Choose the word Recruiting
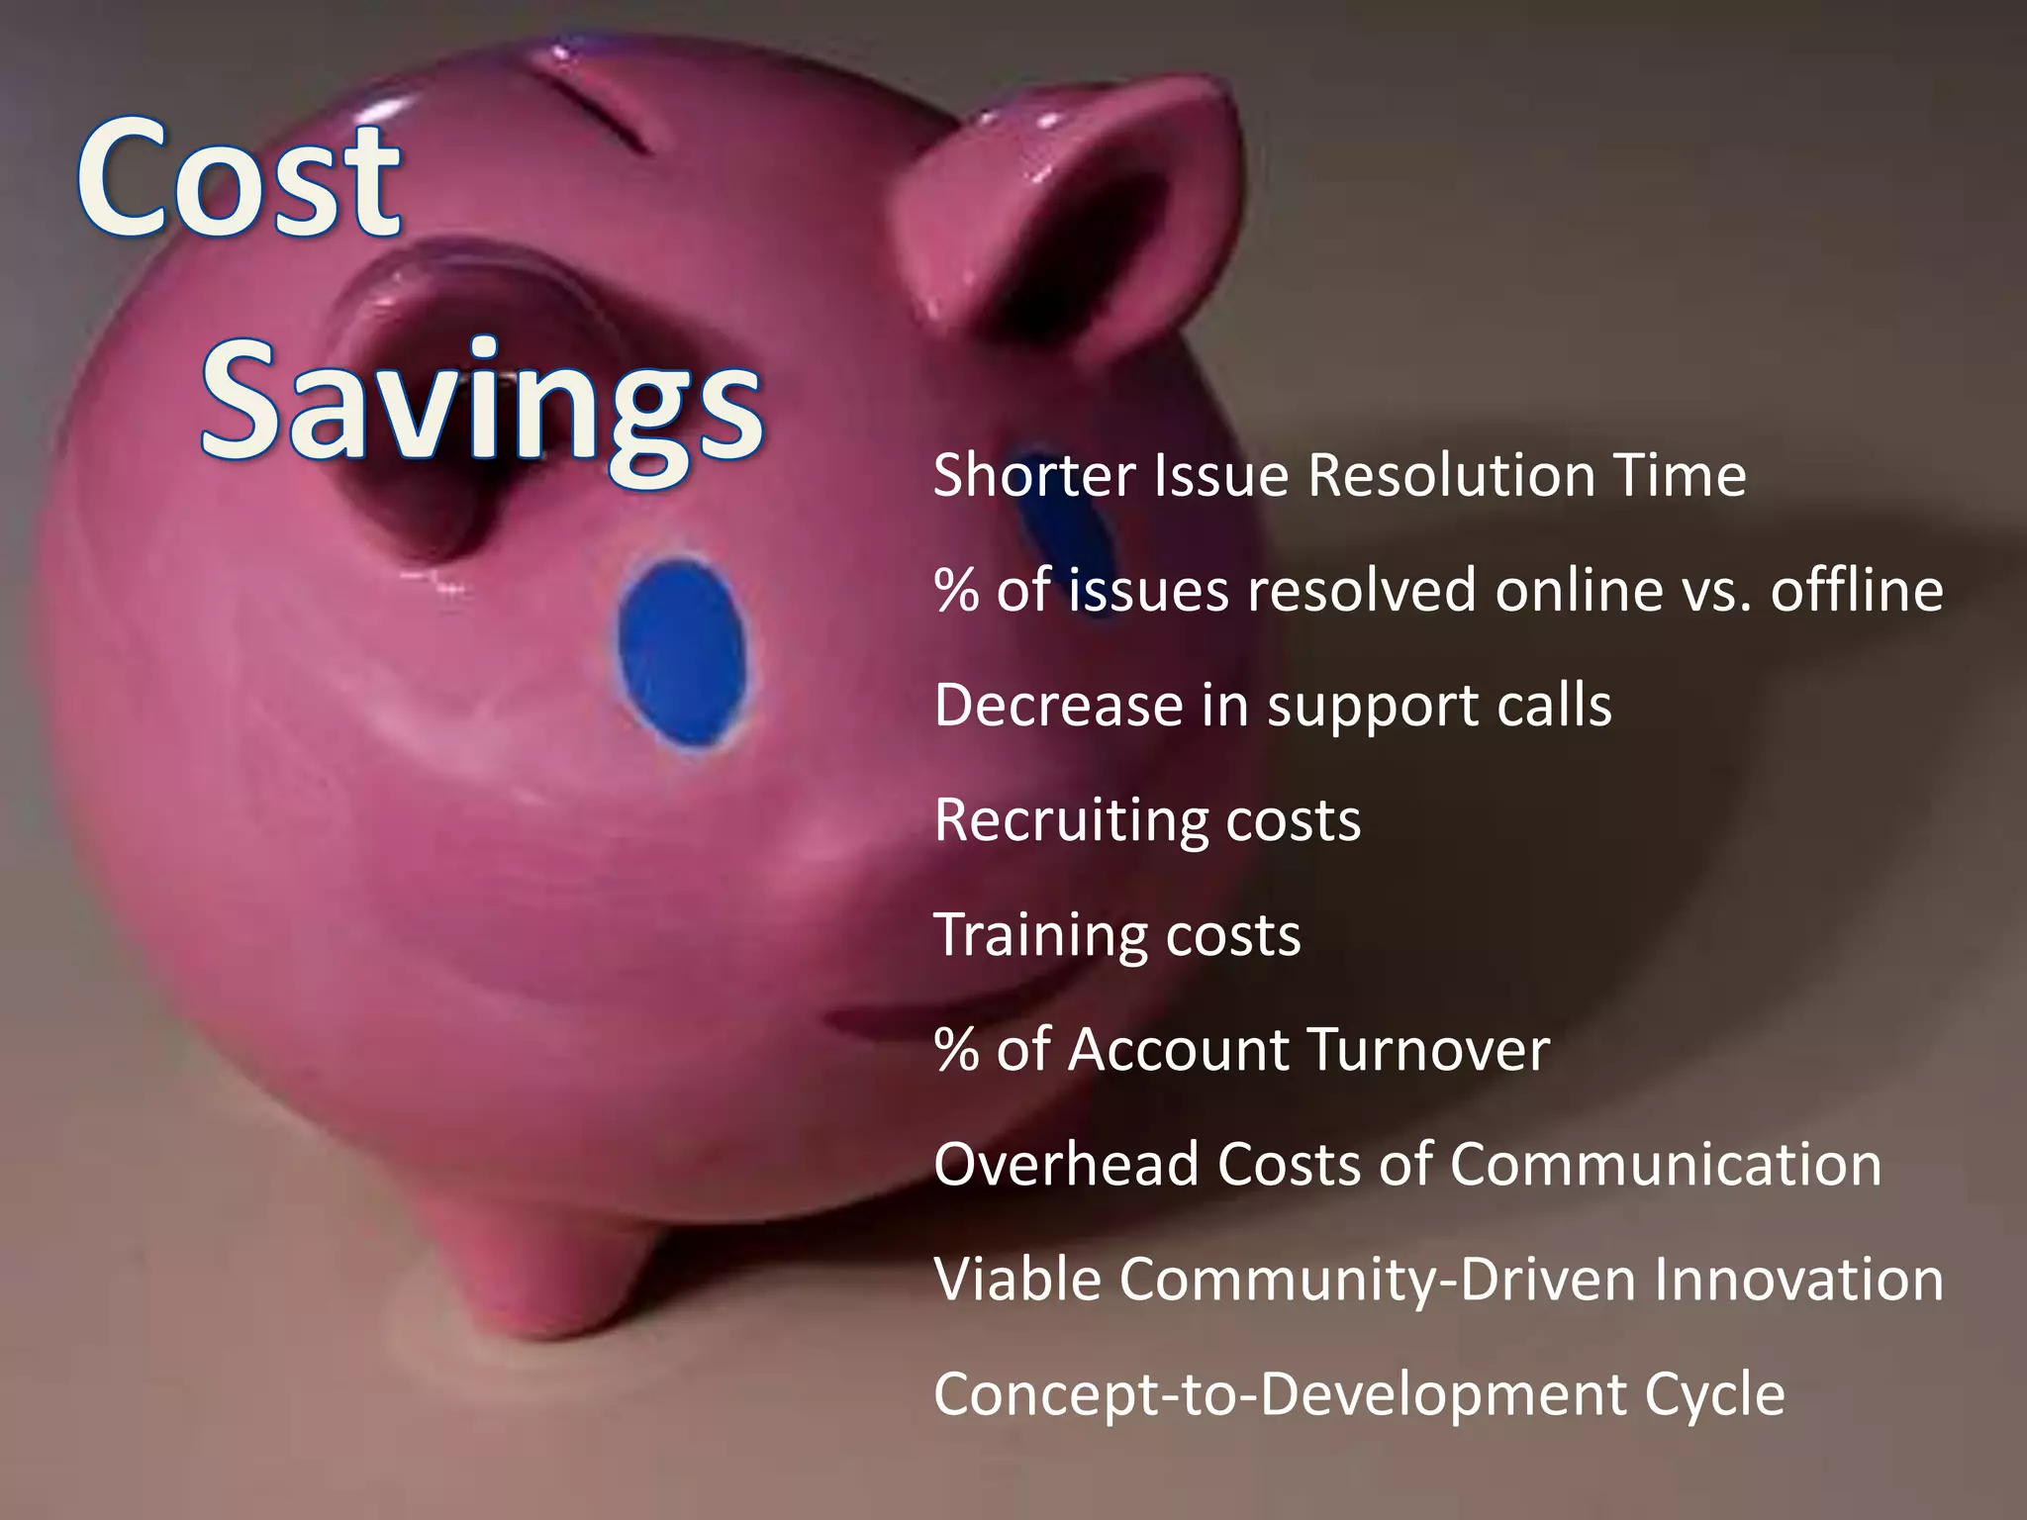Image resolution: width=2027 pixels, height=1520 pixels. pos(1070,820)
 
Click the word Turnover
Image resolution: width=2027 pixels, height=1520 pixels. pos(1427,1049)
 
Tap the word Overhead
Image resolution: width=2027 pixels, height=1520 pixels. pos(1066,1164)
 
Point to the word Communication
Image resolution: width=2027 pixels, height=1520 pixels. pos(1665,1164)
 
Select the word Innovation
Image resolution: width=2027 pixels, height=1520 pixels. pos(1798,1279)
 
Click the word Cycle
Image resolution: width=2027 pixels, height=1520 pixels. pos(1714,1395)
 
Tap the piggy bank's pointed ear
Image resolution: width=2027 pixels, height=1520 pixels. pos(1069,198)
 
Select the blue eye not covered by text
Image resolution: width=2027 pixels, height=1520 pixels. pos(683,653)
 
